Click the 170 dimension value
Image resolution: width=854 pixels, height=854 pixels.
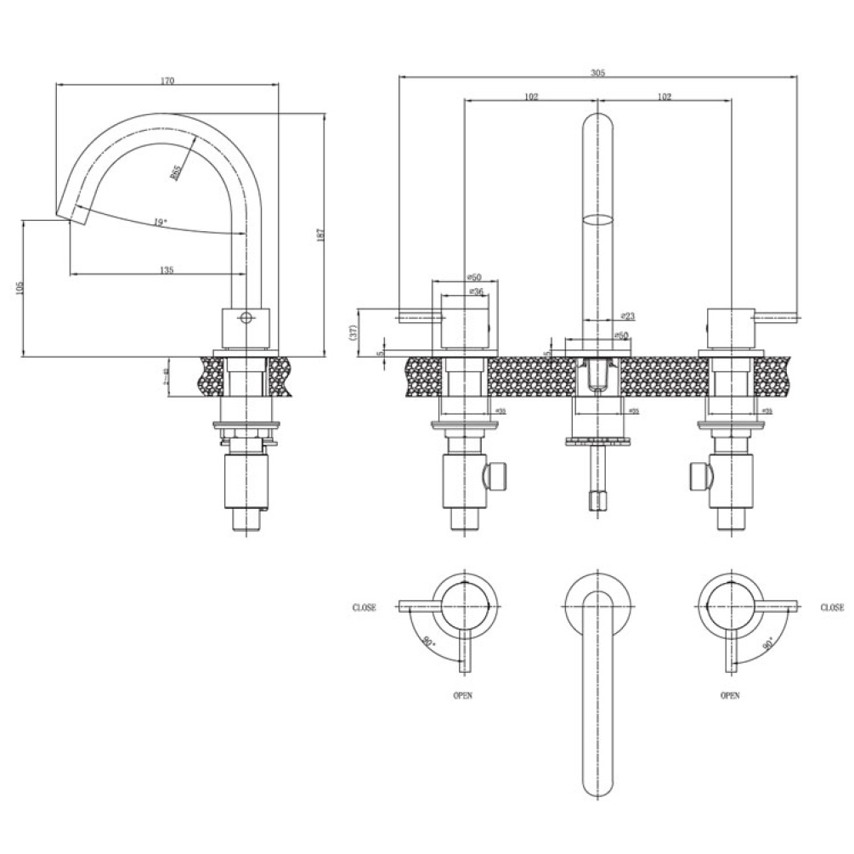click(x=167, y=81)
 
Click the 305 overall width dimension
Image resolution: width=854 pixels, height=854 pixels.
click(x=597, y=74)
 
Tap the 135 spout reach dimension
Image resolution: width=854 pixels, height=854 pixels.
click(x=167, y=269)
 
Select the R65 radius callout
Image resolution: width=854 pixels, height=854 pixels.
click(x=176, y=171)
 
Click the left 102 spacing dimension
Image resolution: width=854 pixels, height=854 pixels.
click(x=531, y=97)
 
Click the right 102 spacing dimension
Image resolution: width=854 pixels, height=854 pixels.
click(x=664, y=97)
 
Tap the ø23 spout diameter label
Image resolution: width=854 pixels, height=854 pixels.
click(x=628, y=315)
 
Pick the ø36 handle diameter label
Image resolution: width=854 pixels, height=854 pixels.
click(x=476, y=291)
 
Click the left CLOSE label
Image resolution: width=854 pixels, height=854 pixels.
click(x=365, y=608)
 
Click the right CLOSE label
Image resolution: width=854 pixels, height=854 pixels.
click(x=833, y=608)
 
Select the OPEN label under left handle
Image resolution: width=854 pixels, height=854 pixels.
click(x=463, y=695)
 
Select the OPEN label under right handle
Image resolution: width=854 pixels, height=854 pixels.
click(x=730, y=695)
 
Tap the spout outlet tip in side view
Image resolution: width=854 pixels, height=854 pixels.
click(x=72, y=212)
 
